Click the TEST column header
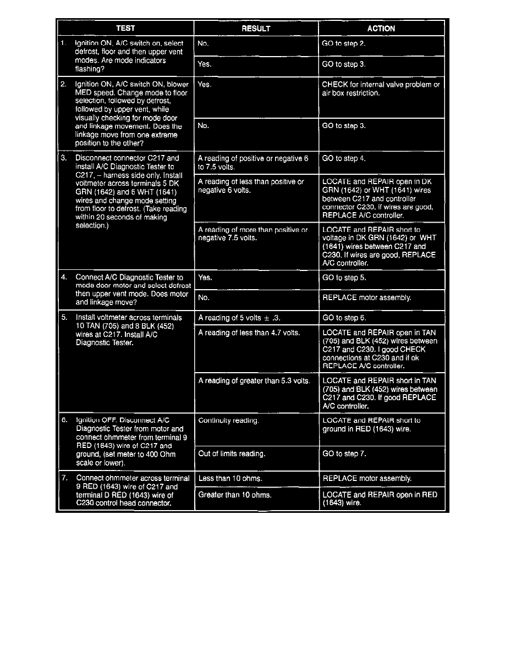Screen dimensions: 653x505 [x=125, y=28]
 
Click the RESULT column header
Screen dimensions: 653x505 [x=256, y=29]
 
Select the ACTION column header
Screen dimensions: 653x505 [x=381, y=29]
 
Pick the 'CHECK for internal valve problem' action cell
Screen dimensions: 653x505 [x=381, y=89]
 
